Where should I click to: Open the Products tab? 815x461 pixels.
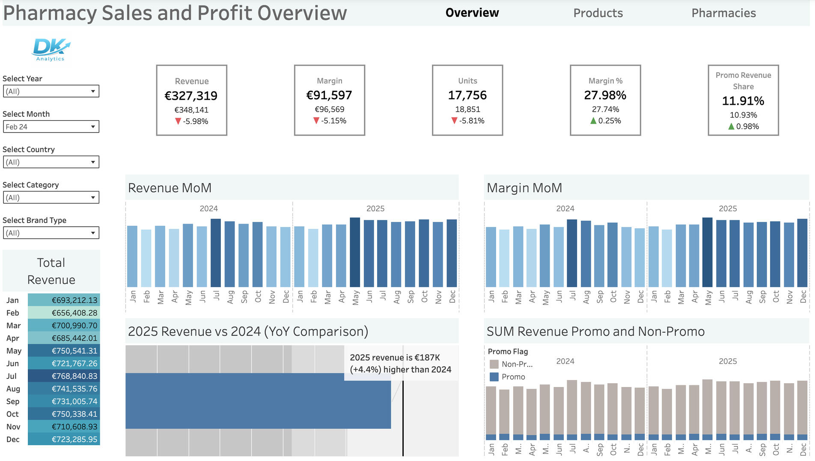pos(598,13)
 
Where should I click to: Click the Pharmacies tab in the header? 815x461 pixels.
pos(723,13)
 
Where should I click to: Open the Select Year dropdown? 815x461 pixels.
pos(51,91)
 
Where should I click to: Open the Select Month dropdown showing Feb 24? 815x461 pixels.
pos(51,127)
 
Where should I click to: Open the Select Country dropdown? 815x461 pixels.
pos(51,162)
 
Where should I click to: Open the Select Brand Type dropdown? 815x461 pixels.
pos(51,233)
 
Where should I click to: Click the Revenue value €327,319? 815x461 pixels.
pos(191,96)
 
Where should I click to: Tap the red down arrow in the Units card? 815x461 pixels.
pos(455,121)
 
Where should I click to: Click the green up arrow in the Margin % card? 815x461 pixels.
pos(593,121)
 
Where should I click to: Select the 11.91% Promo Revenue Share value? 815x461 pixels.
pos(743,101)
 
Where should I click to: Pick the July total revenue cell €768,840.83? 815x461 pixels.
pos(64,376)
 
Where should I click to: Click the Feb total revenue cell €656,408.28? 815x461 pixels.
pos(64,313)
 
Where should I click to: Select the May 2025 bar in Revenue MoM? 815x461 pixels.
pos(355,252)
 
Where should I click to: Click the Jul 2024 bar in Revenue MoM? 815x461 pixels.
pos(216,253)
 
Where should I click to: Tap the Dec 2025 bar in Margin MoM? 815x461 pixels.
pos(802,253)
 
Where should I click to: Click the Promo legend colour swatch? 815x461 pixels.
pos(494,377)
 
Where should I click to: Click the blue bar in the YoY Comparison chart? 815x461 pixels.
pos(258,401)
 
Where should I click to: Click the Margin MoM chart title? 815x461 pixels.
pos(524,188)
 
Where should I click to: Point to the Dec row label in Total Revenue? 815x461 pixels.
pos(13,439)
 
